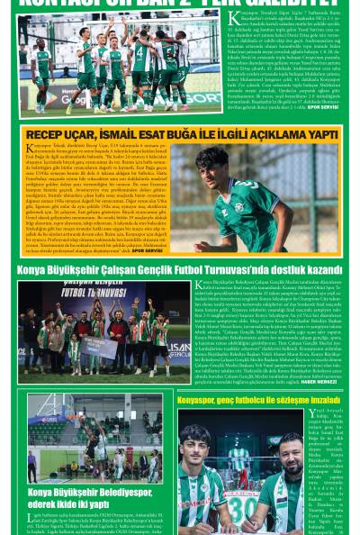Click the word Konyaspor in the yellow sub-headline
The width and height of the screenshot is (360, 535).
tap(202, 399)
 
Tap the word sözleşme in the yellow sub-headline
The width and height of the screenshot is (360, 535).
tap(285, 399)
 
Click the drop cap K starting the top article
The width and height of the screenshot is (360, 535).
tap(235, 16)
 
